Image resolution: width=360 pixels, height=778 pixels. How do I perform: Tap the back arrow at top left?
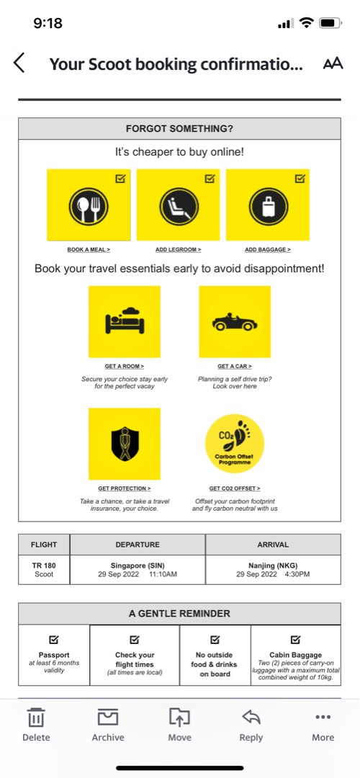pos(19,63)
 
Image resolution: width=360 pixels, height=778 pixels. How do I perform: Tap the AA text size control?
pos(333,63)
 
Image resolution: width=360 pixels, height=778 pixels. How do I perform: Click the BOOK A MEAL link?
pos(89,249)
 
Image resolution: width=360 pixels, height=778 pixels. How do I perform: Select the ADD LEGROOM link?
pos(178,249)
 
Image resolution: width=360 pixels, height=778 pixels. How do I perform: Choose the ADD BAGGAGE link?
pos(268,249)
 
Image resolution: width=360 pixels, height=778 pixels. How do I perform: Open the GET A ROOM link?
pos(124,366)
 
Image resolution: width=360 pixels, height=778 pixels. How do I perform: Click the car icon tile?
pos(235,322)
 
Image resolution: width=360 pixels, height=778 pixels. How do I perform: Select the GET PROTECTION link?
pos(124,488)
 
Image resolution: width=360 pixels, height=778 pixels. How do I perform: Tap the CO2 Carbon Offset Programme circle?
pos(235,444)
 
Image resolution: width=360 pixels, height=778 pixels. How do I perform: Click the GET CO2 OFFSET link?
pos(235,488)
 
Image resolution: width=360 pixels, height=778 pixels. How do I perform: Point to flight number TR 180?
pos(44,565)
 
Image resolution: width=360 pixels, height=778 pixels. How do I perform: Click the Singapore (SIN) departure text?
pos(138,565)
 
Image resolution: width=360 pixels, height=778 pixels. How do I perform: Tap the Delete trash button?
pos(36,724)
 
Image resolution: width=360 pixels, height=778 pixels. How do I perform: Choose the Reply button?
pos(251,724)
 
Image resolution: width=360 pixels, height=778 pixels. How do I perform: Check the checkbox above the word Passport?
pos(54,640)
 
